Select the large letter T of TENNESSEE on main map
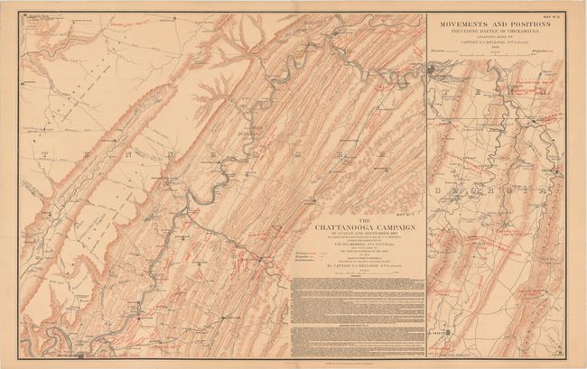pos(42,155)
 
